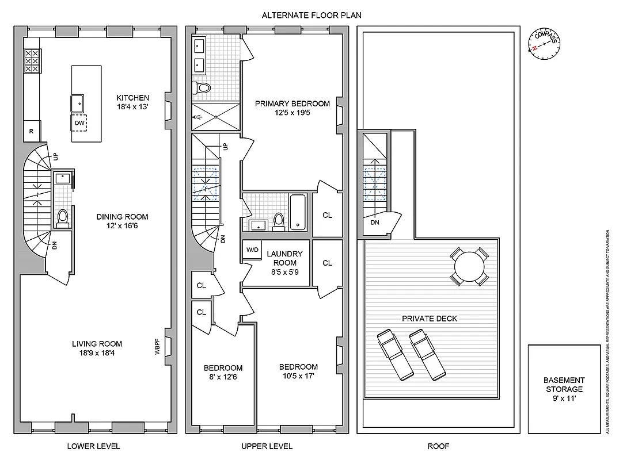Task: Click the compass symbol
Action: click(544, 44)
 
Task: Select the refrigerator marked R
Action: click(31, 131)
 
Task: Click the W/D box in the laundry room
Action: click(252, 250)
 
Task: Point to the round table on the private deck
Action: click(469, 266)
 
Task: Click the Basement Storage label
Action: click(564, 385)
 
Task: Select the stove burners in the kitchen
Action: click(31, 60)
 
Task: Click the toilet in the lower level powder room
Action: click(63, 217)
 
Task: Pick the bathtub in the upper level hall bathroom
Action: click(298, 212)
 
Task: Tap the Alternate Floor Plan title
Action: click(311, 16)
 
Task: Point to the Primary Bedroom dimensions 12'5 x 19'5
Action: click(292, 113)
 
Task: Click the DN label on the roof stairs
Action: click(375, 223)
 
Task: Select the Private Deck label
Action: click(430, 319)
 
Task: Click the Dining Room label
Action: click(122, 217)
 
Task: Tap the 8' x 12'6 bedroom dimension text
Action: click(223, 378)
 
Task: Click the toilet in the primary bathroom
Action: click(203, 88)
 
